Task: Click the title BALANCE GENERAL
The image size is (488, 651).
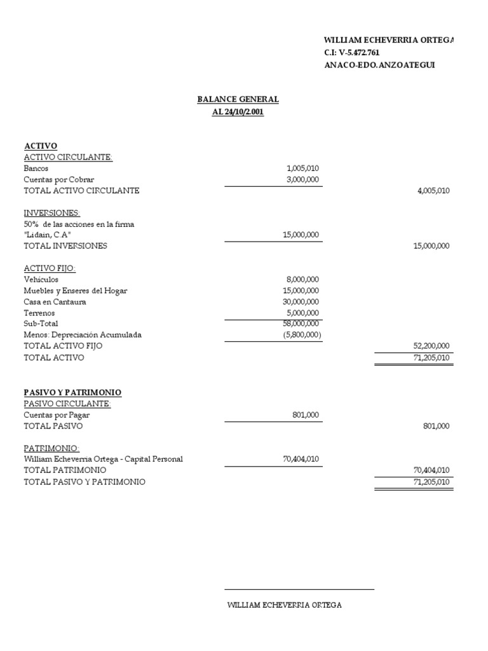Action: pos(238,100)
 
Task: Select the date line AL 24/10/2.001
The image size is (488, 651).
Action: pos(238,112)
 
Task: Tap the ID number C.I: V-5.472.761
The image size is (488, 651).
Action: pos(352,52)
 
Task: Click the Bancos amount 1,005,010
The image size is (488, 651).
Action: pos(302,168)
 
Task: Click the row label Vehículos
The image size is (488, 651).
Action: pos(41,279)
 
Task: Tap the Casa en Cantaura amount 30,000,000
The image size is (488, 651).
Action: pos(301,301)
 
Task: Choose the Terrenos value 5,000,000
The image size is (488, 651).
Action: pos(302,313)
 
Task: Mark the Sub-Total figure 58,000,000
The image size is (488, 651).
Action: pos(301,324)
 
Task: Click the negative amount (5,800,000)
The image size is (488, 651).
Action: pos(301,334)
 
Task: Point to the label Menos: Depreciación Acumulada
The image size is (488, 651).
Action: pos(83,334)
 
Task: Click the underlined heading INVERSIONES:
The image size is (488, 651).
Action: pos(52,212)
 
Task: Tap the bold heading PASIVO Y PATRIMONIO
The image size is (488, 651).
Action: pos(72,392)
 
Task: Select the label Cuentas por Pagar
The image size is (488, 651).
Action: pos(57,415)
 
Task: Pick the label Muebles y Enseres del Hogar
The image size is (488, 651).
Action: pos(75,291)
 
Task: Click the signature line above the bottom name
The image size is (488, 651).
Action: pos(299,589)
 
